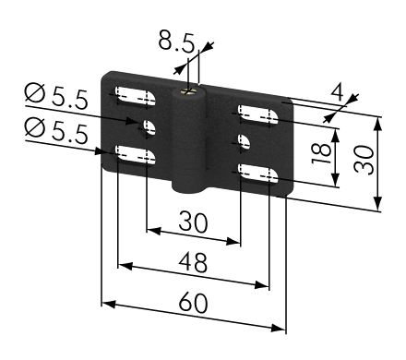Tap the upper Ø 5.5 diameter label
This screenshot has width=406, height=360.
pos(56,96)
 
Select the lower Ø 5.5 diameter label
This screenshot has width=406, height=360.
pos(56,131)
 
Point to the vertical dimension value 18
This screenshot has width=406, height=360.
pos(321,153)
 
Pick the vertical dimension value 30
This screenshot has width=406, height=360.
pos(364,160)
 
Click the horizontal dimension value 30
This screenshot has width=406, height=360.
pos(193,222)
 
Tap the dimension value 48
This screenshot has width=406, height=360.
pos(193,262)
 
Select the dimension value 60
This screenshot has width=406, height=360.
pos(193,303)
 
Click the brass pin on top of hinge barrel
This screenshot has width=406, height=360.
pos(189,91)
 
